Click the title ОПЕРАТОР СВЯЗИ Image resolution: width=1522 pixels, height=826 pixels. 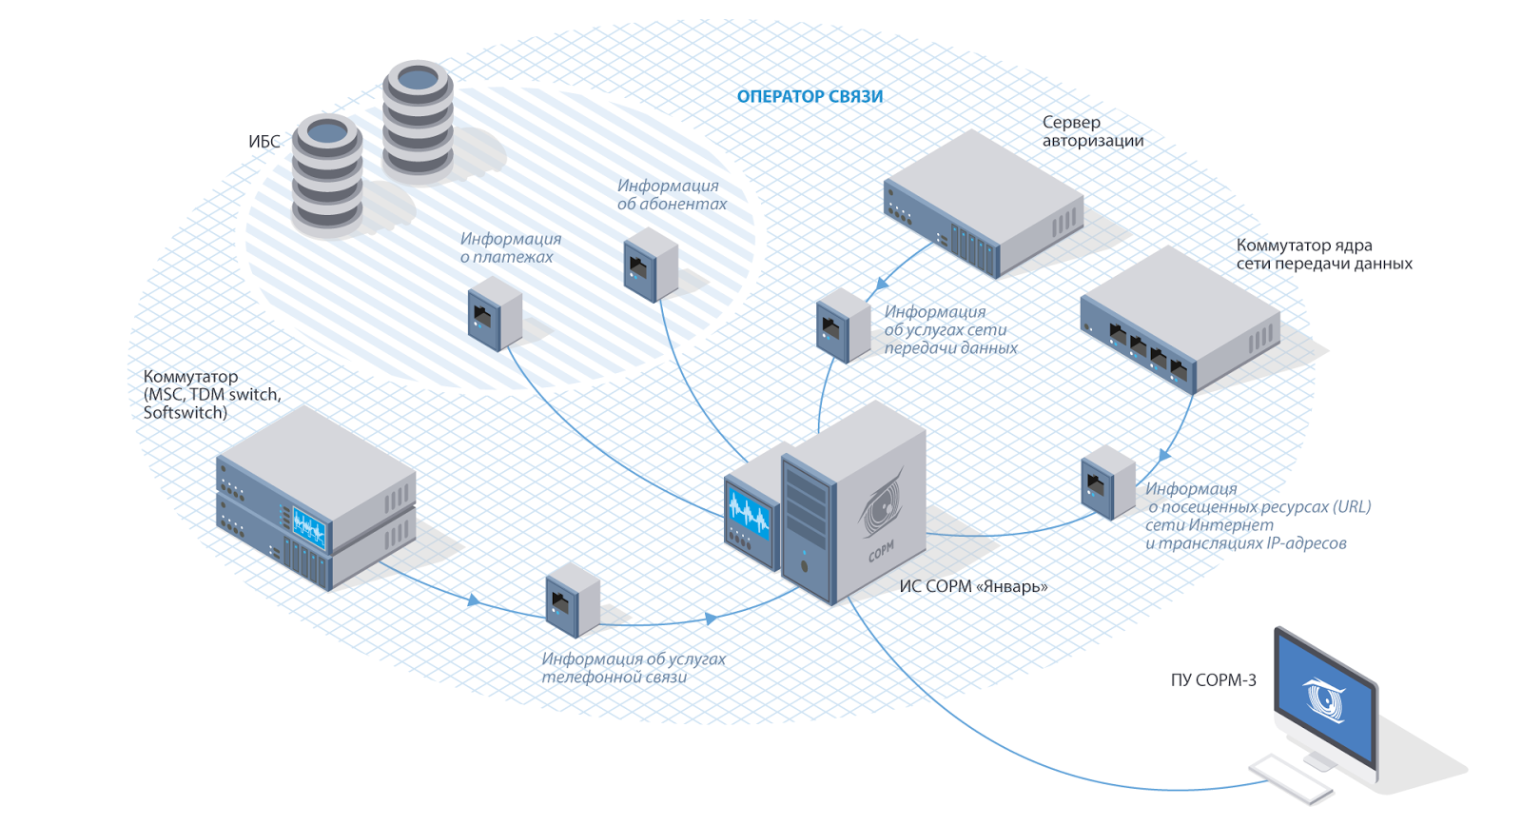click(810, 96)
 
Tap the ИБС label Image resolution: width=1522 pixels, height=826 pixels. click(264, 142)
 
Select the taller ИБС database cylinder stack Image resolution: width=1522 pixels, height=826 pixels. click(418, 120)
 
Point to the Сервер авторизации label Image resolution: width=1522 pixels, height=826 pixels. click(1092, 131)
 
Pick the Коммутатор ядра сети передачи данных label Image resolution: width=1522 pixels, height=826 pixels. click(1323, 254)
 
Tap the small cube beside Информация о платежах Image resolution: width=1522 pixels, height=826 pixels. click(495, 313)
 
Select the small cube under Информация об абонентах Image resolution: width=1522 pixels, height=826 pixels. click(651, 269)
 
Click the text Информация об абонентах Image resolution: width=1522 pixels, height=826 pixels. click(671, 194)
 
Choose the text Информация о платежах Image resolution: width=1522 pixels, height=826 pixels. click(510, 247)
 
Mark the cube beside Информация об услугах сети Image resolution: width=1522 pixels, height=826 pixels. click(843, 326)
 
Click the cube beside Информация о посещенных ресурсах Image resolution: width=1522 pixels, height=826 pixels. click(1107, 482)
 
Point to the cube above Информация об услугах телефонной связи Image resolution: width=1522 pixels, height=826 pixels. click(572, 600)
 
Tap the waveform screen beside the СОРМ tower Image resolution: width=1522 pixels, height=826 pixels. click(749, 511)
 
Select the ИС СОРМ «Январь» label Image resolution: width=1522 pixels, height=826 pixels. click(973, 586)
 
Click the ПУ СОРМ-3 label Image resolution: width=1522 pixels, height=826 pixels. click(1213, 679)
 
